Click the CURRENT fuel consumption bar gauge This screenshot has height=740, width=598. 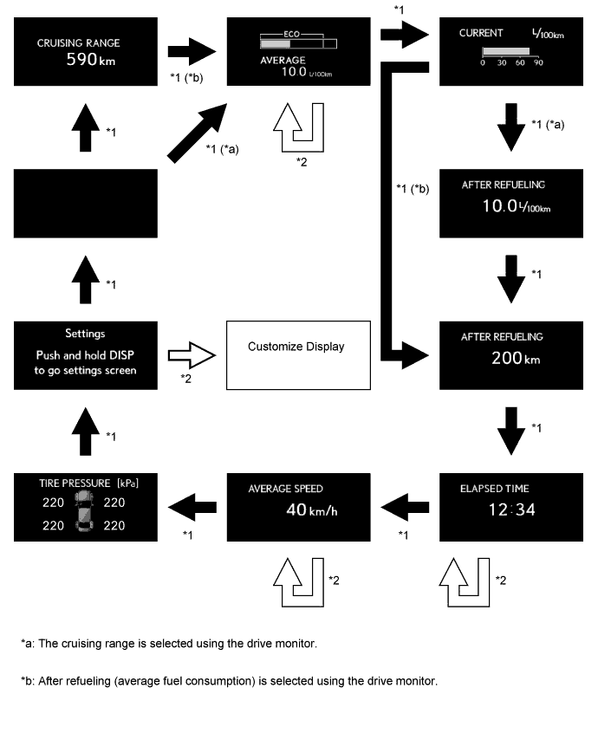505,52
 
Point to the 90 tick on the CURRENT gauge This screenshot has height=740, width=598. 538,63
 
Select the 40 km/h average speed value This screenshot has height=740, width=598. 311,509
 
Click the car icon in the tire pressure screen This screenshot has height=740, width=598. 85,509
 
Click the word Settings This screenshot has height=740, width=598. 85,334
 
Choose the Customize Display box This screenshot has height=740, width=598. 296,356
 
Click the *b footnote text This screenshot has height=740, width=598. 229,680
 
